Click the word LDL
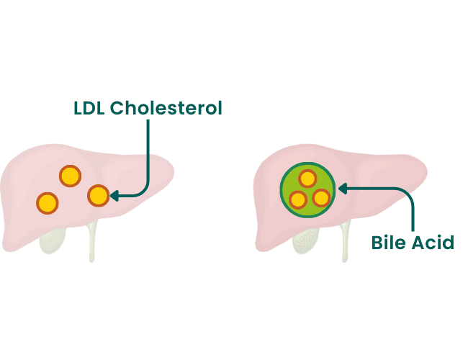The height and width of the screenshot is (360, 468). [89, 108]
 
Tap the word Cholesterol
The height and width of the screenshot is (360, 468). [166, 108]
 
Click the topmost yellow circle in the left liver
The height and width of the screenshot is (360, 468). [70, 176]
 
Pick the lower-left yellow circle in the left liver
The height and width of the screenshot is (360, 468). [47, 203]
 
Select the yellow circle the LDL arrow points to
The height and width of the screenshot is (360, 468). [99, 196]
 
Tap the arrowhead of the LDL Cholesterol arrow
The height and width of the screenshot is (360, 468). [114, 196]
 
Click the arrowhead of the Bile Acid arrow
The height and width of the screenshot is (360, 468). [342, 189]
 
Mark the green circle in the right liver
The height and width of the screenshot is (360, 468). [307, 190]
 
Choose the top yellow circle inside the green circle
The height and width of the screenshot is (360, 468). [307, 179]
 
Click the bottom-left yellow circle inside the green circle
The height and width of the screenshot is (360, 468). [298, 199]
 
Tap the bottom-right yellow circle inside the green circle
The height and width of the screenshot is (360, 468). [321, 198]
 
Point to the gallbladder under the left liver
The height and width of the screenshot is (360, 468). [53, 241]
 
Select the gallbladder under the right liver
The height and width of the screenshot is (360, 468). [305, 241]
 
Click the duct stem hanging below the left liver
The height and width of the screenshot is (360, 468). [92, 242]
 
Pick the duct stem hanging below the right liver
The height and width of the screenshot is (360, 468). [345, 242]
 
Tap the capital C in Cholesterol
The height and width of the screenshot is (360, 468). [117, 108]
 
